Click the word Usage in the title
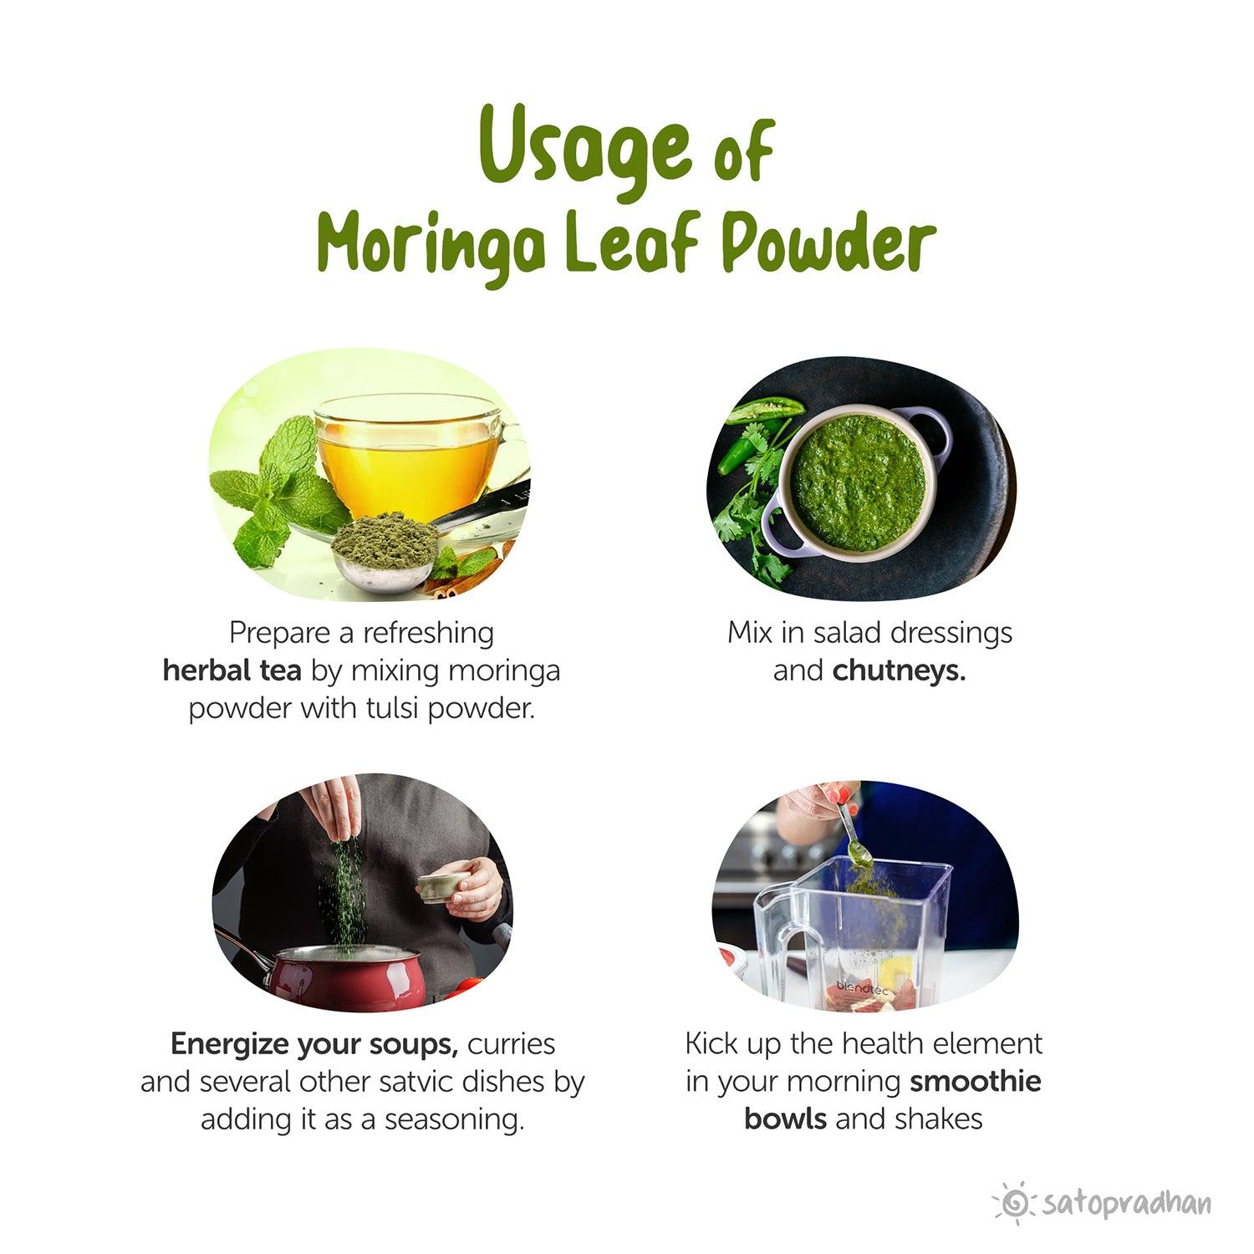tap(585, 146)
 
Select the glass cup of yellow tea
tap(410, 456)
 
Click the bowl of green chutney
tap(857, 481)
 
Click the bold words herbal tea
tap(232, 670)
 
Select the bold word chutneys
tap(899, 670)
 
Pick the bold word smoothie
tap(975, 1081)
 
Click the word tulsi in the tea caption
tap(394, 708)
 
